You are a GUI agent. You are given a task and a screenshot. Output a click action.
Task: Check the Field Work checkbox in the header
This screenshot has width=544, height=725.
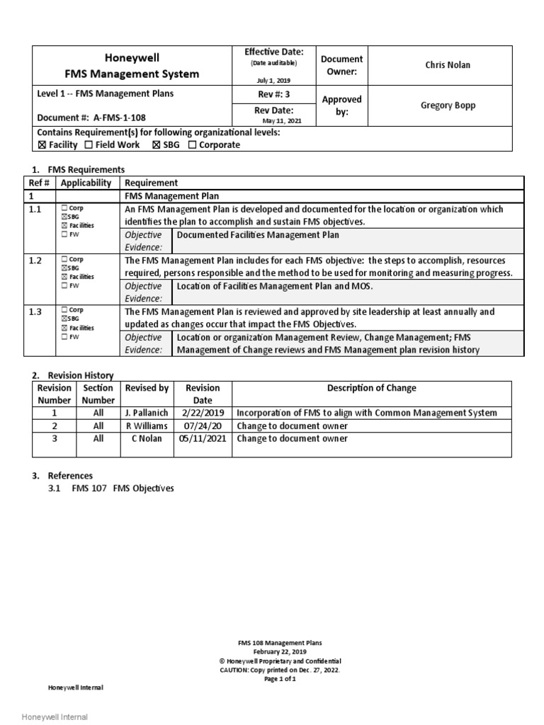click(x=89, y=145)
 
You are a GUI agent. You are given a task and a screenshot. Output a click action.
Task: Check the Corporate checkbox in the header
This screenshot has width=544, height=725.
click(x=193, y=145)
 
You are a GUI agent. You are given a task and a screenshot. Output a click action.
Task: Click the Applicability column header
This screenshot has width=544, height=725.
click(x=86, y=183)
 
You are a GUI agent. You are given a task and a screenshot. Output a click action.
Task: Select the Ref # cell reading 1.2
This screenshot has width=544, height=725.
click(x=36, y=261)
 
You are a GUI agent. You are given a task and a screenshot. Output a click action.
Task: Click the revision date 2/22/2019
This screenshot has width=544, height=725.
click(x=203, y=413)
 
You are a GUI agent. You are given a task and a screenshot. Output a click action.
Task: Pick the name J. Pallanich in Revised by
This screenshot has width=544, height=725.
click(x=147, y=413)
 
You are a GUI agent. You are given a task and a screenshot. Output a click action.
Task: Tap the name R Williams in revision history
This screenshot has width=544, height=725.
click(x=147, y=426)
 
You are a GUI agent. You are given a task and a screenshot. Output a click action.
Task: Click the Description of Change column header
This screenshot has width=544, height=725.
click(x=371, y=388)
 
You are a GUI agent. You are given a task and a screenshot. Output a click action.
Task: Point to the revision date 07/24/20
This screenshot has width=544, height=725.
click(x=203, y=426)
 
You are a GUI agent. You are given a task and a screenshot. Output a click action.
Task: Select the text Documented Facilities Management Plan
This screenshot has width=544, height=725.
click(x=258, y=235)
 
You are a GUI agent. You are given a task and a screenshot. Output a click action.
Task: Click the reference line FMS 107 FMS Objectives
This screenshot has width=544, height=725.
click(x=123, y=489)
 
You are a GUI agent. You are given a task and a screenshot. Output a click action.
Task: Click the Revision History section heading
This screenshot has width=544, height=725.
click(x=80, y=375)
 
